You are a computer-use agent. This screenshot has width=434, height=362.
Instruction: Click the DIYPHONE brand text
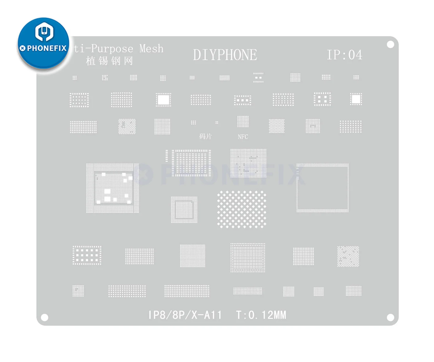[x=225, y=55]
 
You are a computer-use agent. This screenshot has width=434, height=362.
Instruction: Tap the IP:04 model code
[x=344, y=55]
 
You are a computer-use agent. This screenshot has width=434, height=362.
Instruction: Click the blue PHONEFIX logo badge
[x=43, y=43]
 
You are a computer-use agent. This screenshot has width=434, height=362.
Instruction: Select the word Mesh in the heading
[x=151, y=49]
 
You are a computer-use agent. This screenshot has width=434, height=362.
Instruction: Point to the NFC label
[x=243, y=137]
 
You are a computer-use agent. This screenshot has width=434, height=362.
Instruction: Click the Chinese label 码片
[x=205, y=136]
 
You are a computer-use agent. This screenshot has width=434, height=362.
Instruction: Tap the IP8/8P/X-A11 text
[x=185, y=315]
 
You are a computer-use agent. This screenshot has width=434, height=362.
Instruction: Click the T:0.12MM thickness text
[x=261, y=315]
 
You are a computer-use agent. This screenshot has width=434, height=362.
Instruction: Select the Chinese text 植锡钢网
[x=109, y=61]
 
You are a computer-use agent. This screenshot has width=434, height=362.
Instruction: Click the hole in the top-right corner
[x=390, y=45]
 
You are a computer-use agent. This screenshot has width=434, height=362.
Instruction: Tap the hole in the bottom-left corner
[x=45, y=317]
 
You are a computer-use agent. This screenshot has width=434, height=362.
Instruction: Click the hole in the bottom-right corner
[x=390, y=317]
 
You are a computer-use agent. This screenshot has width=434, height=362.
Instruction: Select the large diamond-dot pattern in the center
[x=242, y=209]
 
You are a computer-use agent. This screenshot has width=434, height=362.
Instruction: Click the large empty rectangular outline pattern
[x=322, y=188]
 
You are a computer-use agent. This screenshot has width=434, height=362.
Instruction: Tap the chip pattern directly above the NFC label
[x=243, y=122]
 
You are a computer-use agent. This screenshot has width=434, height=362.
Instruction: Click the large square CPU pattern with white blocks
[x=113, y=188]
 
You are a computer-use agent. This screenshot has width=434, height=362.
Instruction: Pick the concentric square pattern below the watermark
[x=184, y=210]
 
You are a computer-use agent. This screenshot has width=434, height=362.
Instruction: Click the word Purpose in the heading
[x=112, y=49]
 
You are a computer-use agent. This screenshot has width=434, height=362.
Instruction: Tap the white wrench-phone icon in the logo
[x=44, y=32]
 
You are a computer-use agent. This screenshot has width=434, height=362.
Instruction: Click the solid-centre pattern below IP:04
[x=356, y=99]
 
